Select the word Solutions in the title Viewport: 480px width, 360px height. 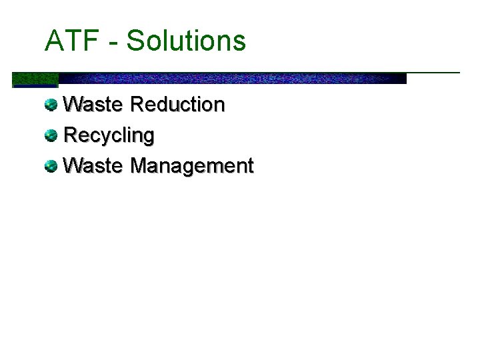[186, 41]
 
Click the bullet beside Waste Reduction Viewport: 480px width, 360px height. [51, 105]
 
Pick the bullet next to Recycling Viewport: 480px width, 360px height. [51, 135]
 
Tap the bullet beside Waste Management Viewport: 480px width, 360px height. [51, 165]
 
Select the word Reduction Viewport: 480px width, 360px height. [178, 105]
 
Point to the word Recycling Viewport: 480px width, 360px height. [109, 135]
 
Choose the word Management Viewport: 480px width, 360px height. [192, 165]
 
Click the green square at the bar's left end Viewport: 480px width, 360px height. [35, 79]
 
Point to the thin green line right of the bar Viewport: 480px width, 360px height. [433, 72]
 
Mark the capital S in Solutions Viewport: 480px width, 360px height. [136, 41]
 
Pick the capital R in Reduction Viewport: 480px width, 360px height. [138, 105]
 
